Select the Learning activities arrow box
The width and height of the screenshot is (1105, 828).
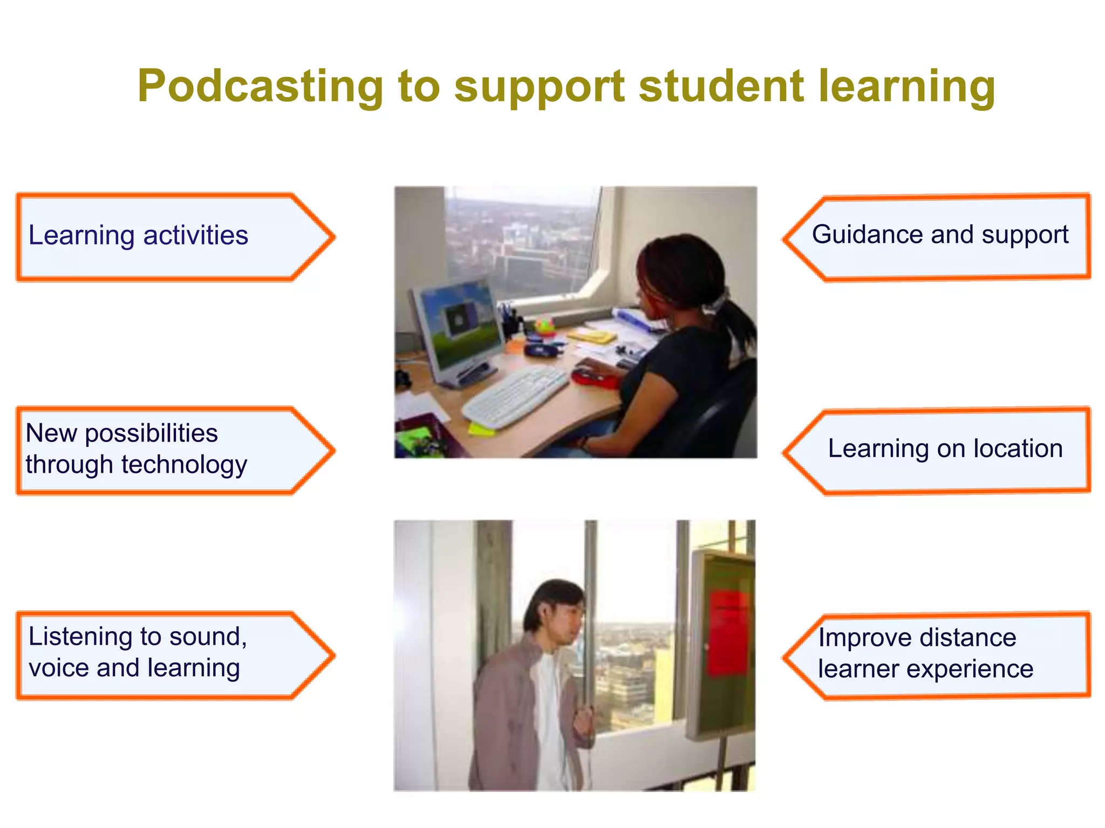pyautogui.click(x=173, y=237)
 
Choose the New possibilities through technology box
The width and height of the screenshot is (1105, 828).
pyautogui.click(x=173, y=450)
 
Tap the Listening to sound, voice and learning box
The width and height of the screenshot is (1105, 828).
pyautogui.click(x=173, y=654)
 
